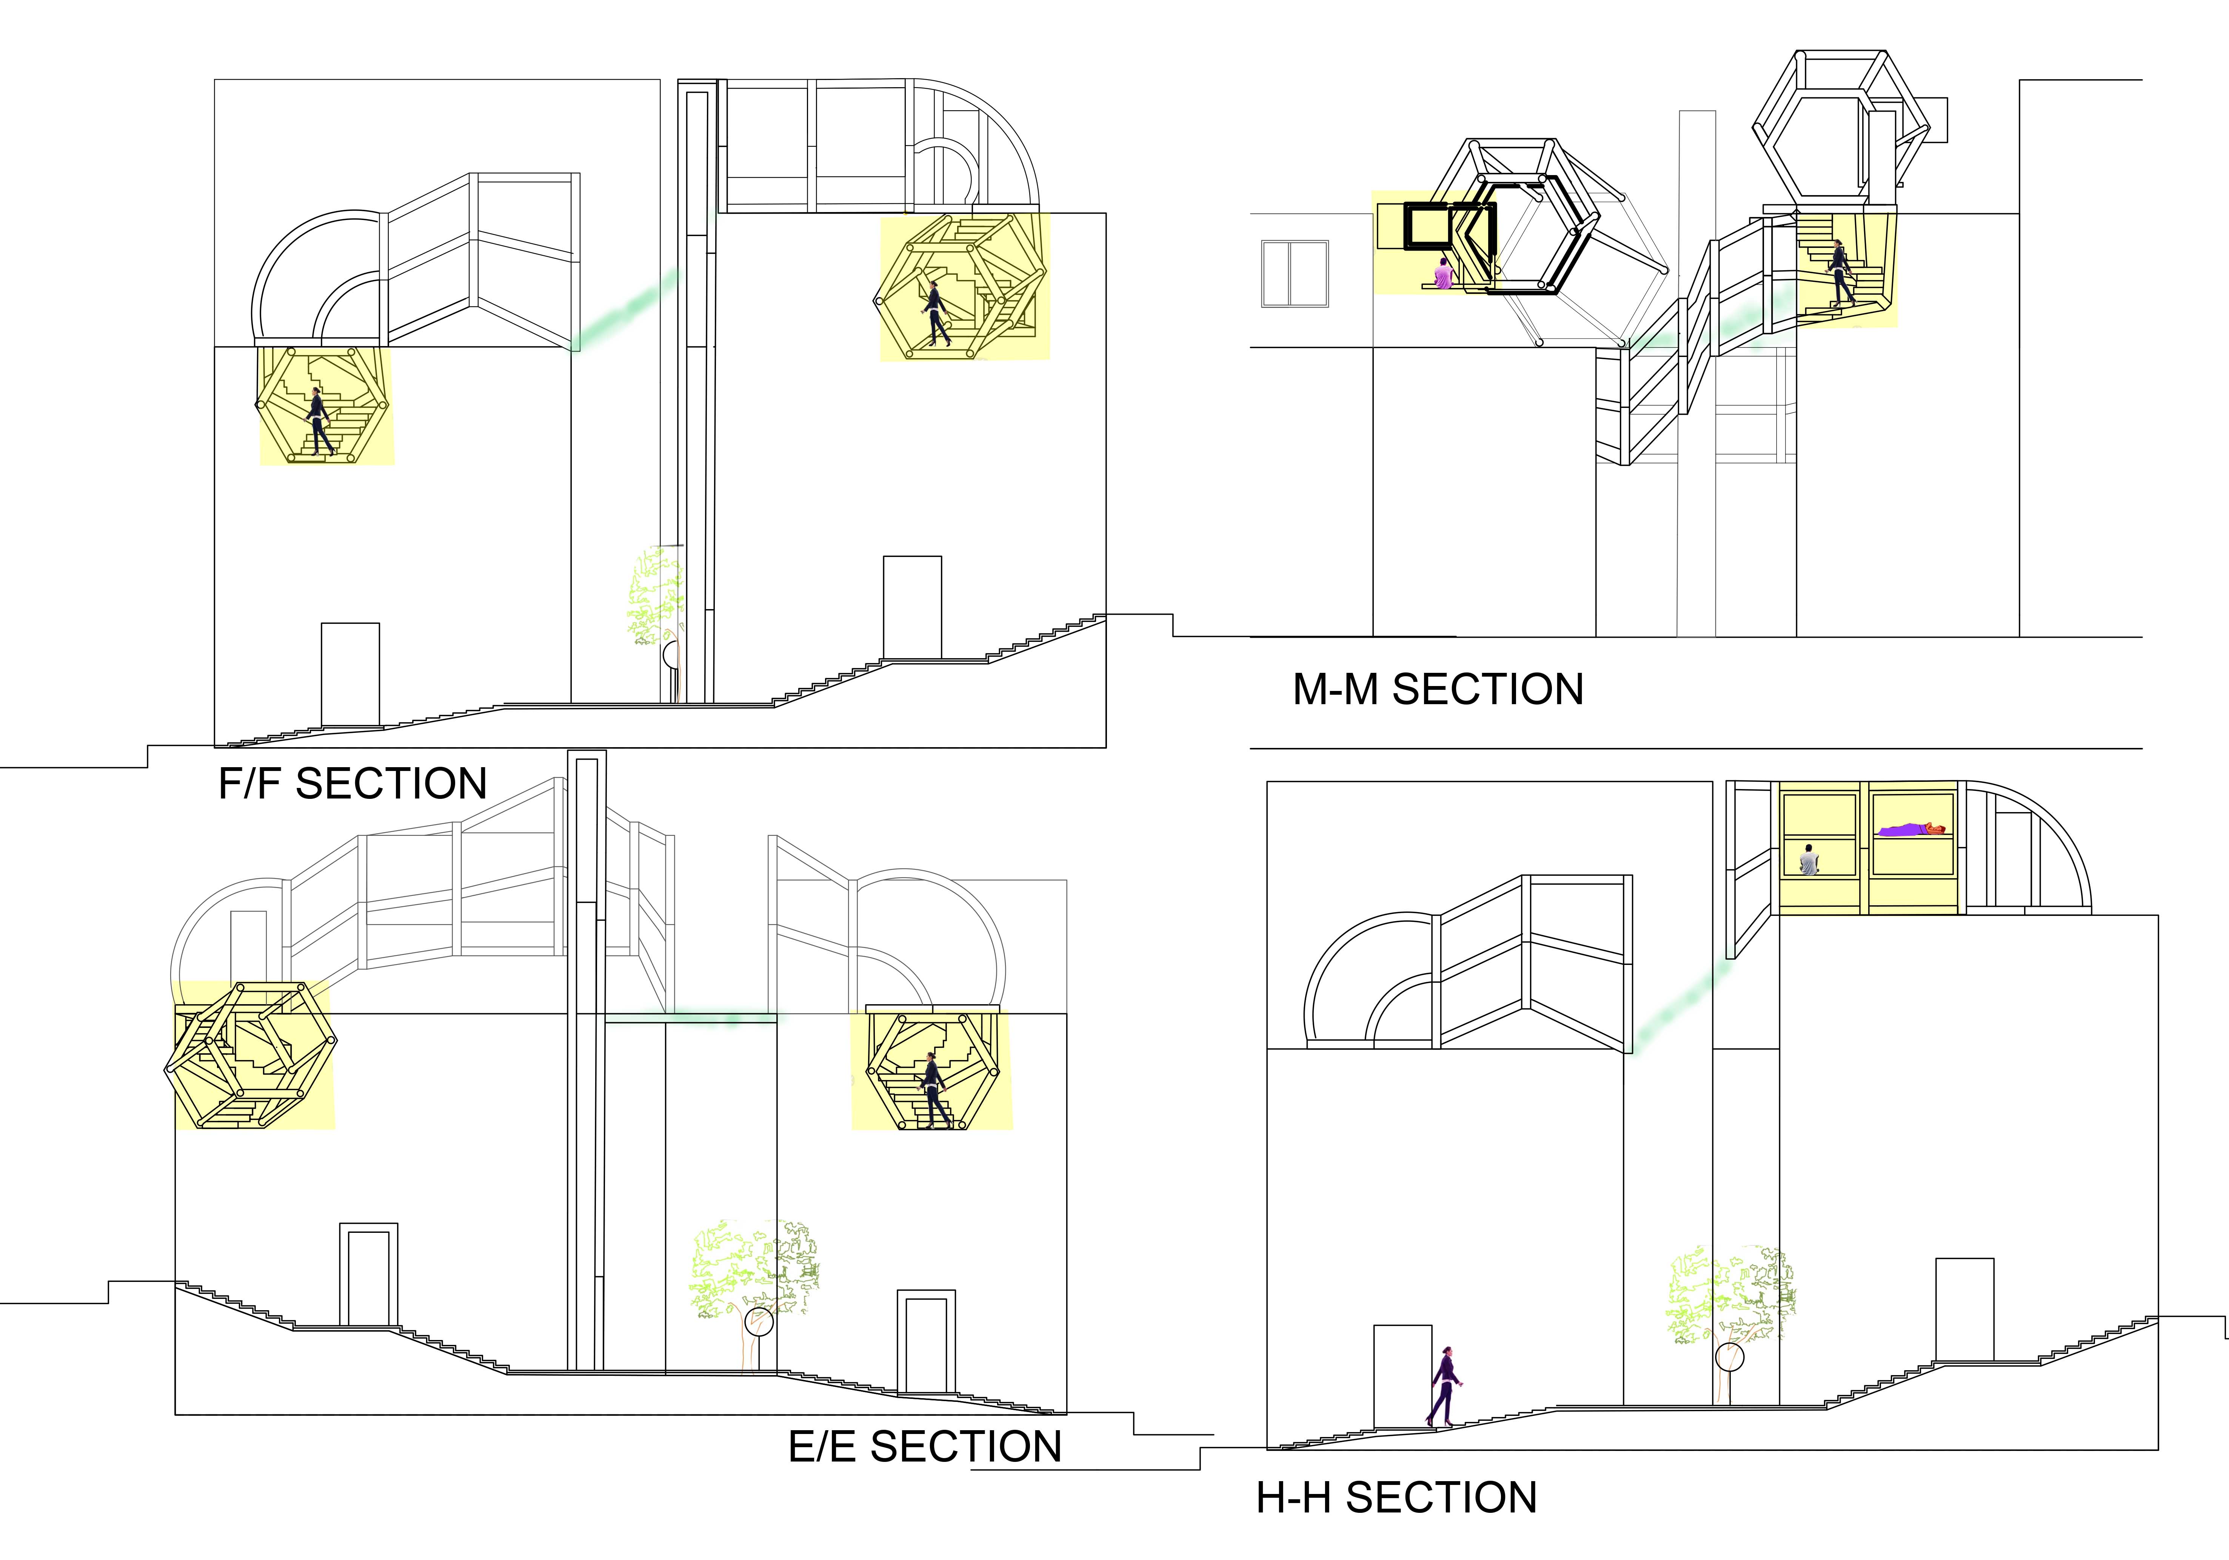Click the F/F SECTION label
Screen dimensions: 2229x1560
353,783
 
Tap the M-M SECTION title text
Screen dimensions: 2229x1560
1438,689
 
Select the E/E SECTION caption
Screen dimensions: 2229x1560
925,1446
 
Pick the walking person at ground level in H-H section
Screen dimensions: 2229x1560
1444,1386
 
